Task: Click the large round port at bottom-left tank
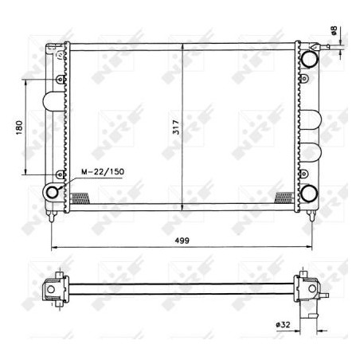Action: [54, 192]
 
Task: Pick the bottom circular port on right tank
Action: [308, 193]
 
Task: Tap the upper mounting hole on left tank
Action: [61, 80]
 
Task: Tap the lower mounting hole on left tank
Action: [61, 174]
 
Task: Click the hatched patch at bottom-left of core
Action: [80, 198]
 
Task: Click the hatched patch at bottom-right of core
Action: [284, 197]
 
